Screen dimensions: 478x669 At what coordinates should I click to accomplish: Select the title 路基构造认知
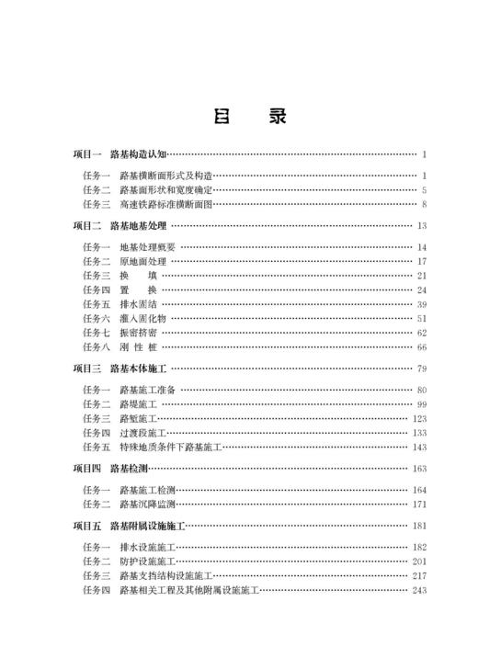tap(138, 154)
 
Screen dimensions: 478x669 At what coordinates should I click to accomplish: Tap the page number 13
tap(421, 225)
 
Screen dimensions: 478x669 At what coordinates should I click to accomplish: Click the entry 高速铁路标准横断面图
tap(165, 203)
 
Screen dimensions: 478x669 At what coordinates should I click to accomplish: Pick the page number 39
tap(421, 304)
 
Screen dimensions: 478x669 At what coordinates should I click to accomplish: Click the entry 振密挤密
tap(137, 333)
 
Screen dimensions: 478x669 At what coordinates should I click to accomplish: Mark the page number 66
tap(421, 347)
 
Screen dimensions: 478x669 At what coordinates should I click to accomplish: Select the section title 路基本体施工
tap(138, 369)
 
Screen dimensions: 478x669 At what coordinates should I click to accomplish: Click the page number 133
tap(419, 433)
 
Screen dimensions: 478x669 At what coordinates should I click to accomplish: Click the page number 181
tap(419, 527)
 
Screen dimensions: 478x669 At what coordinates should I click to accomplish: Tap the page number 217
tap(419, 576)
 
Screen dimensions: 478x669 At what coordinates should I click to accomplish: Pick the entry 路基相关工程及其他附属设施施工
tap(188, 590)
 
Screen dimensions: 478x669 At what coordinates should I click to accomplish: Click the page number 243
tap(419, 590)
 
